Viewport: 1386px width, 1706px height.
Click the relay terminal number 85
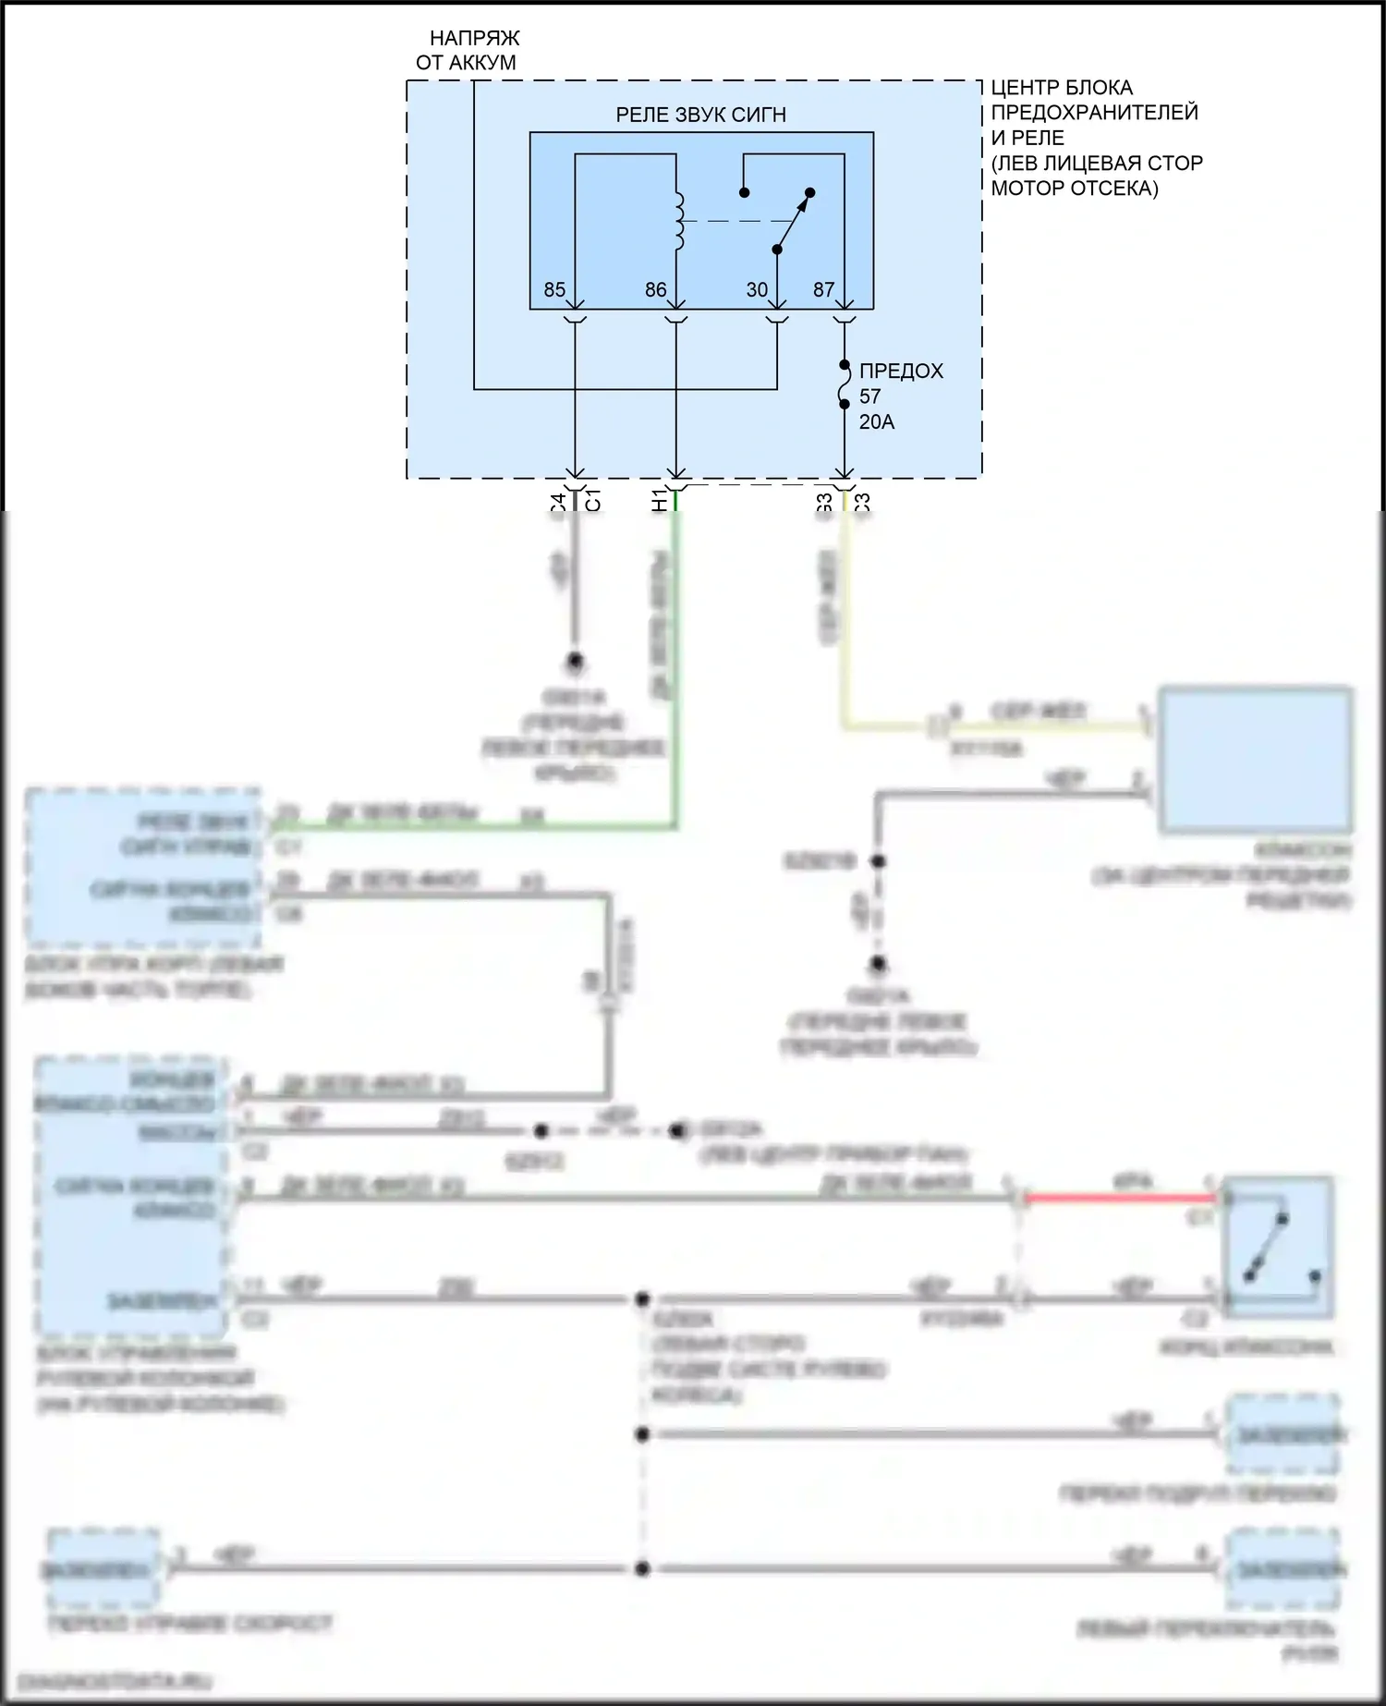pos(554,290)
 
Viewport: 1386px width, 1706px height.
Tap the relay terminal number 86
pos(655,290)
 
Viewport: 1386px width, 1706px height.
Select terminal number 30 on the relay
pos(757,290)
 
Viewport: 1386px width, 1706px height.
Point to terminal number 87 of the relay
pos(823,290)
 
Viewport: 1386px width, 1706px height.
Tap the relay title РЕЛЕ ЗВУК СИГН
pos(700,116)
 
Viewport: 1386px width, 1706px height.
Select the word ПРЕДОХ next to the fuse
pos(901,372)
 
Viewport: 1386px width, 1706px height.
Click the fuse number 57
pos(870,396)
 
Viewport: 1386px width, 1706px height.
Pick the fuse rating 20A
pos(877,422)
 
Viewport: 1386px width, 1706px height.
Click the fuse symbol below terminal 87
pos(845,384)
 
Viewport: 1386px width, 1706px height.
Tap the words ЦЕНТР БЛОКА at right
pos(1062,89)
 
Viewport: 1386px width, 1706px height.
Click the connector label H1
pos(660,502)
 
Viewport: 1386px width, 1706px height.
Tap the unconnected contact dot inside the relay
pos(744,193)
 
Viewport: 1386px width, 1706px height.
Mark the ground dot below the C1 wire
pos(575,662)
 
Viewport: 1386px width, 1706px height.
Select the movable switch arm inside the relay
pos(793,222)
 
